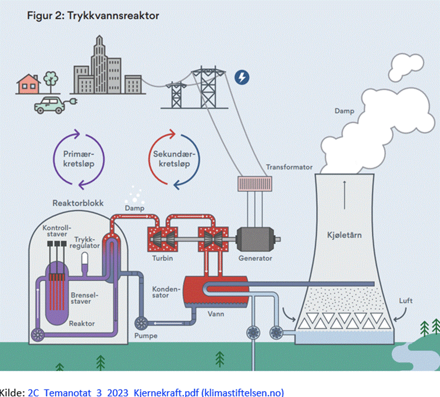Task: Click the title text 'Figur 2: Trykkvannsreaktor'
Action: (x=93, y=16)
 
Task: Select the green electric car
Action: (x=49, y=105)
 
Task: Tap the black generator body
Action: (x=256, y=238)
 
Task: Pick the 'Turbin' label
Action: (x=162, y=258)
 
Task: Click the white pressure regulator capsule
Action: (x=85, y=259)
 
